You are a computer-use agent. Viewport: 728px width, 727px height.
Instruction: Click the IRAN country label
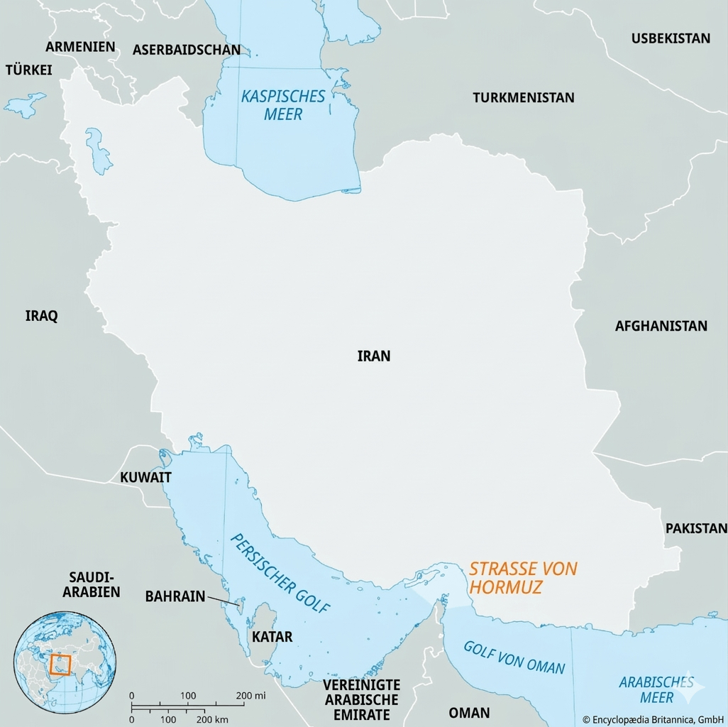[374, 356]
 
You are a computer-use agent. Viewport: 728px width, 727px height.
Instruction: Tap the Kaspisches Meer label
[283, 104]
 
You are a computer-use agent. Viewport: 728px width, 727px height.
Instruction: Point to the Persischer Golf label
[280, 574]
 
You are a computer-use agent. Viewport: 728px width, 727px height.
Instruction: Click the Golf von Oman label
[514, 657]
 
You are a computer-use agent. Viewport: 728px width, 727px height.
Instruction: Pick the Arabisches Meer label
[656, 689]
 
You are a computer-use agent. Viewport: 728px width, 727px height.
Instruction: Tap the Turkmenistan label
[524, 98]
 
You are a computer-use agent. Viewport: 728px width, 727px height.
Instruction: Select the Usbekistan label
[671, 38]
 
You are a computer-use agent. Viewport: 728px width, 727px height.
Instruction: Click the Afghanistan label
[661, 326]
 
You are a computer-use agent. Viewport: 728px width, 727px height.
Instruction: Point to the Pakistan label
[696, 528]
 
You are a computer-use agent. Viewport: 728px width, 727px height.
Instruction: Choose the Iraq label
[41, 316]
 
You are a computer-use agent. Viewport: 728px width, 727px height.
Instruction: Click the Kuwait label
[145, 477]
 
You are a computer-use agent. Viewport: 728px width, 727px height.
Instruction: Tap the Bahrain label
[175, 596]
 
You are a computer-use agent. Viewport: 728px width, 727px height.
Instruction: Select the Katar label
[272, 637]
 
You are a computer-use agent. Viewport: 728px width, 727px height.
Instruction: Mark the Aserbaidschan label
[187, 50]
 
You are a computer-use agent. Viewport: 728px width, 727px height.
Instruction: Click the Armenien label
[80, 46]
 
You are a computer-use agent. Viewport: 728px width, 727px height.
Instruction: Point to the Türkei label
[29, 70]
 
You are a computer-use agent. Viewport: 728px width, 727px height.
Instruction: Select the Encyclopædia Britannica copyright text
[652, 719]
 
